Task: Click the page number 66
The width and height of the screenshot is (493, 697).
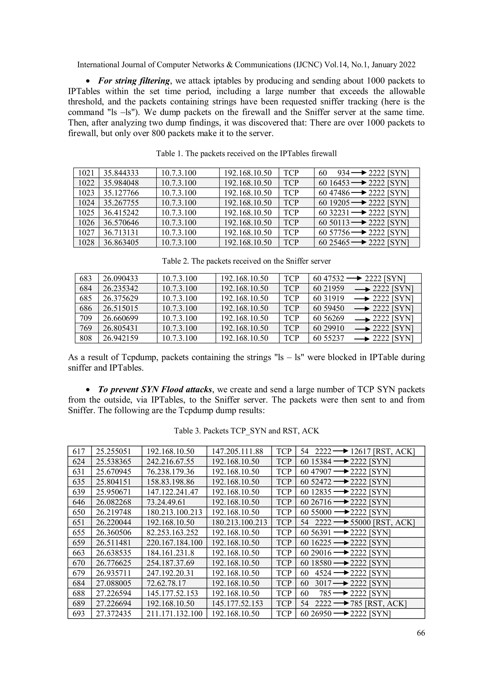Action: [x=421, y=633]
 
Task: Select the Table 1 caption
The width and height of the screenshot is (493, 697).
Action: [x=246, y=154]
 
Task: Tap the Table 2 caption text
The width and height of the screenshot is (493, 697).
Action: [x=246, y=261]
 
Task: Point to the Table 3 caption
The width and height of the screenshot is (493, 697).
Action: [x=246, y=431]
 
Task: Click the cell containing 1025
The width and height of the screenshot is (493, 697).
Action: [x=86, y=213]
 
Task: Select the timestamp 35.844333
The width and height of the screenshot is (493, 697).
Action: [x=121, y=173]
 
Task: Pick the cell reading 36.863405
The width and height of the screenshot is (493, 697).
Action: [x=121, y=242]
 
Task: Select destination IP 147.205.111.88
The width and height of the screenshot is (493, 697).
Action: [x=237, y=451]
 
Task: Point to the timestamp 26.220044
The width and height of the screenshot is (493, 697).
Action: [x=114, y=522]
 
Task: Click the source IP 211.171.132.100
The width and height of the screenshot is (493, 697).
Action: [x=174, y=613]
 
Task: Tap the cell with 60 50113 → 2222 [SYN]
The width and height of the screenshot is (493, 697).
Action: [x=363, y=223]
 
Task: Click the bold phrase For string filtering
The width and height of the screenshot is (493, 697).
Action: [x=134, y=81]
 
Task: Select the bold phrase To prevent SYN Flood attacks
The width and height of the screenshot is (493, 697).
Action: [x=155, y=390]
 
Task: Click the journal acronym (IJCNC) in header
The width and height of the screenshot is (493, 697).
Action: [x=307, y=65]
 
